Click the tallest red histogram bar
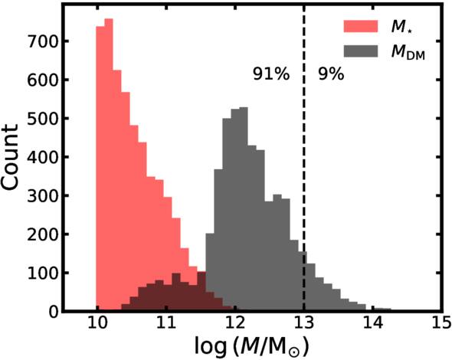click(108, 165)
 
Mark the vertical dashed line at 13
click(304, 191)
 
